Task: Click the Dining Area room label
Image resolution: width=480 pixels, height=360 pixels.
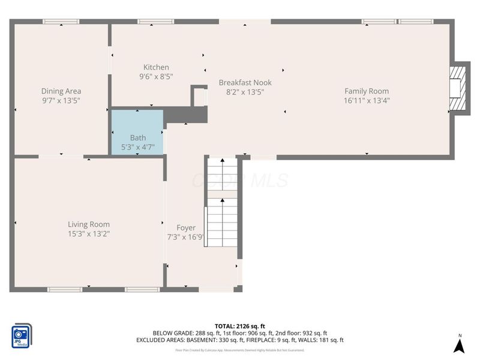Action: [x=61, y=91]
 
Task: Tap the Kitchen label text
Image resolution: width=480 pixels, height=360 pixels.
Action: [x=156, y=67]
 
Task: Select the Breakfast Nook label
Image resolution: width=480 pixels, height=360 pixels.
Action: [x=245, y=83]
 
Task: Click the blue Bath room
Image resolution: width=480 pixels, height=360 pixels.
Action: [x=137, y=132]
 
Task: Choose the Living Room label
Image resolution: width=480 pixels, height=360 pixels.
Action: [x=89, y=224]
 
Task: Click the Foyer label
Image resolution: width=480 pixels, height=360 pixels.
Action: [x=186, y=227]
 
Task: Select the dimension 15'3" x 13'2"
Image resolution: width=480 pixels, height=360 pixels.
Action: [x=89, y=234]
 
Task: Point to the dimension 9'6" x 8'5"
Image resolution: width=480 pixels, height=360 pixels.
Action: [x=156, y=77]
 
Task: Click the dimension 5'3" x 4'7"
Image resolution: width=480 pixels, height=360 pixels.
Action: [x=138, y=147]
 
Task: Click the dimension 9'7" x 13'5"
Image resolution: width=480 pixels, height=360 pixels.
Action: [x=61, y=101]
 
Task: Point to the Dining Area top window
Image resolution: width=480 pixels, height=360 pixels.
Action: [x=61, y=22]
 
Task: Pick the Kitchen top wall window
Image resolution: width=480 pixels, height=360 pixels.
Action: [x=156, y=22]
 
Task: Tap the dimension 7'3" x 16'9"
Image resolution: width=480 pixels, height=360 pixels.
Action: [x=186, y=237]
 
